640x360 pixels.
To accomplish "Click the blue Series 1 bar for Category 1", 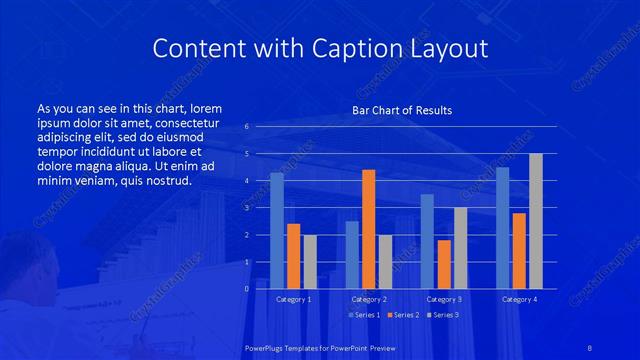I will point(277,231).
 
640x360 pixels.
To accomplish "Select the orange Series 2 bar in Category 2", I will point(368,229).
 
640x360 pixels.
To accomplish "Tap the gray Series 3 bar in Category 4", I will point(536,221).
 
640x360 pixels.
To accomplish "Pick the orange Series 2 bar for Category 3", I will point(444,264).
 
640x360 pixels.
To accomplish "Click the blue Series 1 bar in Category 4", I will point(502,228).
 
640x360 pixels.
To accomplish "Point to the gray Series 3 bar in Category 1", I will point(310,262).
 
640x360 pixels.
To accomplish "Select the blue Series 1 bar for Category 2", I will point(352,255).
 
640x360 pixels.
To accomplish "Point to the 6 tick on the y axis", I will point(247,127).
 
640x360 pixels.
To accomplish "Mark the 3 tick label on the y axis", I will point(247,208).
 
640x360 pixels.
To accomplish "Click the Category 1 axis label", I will point(293,299).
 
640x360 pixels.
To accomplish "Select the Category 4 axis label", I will point(518,299).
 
